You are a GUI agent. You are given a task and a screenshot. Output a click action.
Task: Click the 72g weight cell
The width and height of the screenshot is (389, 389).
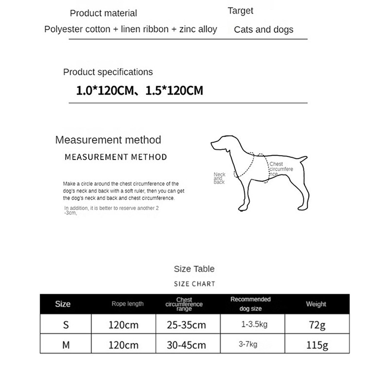316,325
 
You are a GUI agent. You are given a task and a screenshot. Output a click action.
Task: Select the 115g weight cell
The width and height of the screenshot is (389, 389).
316,345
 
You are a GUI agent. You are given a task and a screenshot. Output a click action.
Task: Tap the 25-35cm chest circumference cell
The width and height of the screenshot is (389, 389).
187,325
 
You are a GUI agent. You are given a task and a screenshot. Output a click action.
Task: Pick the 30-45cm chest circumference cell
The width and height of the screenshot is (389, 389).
187,345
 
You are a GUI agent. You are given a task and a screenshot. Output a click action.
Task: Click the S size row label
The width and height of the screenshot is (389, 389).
66,325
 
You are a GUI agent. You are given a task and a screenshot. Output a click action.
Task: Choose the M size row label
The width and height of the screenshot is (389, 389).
66,345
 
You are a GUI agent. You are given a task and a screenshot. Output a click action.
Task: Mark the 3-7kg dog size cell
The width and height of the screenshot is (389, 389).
248,345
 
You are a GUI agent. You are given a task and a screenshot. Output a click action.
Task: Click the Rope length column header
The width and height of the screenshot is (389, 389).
127,304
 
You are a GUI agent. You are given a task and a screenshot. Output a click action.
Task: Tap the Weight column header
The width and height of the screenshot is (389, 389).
316,304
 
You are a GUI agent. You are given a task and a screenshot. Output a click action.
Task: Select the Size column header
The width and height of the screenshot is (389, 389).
63,304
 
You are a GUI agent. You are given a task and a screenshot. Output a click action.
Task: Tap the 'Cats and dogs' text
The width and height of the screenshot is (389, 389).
264,30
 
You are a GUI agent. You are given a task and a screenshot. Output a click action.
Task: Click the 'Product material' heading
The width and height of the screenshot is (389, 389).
104,13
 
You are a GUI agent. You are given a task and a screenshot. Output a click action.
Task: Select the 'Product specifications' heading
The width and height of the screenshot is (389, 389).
108,72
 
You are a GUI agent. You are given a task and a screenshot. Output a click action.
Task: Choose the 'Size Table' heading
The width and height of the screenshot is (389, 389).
194,269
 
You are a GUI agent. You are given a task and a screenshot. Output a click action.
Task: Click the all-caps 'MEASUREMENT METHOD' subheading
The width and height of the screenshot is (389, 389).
116,157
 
